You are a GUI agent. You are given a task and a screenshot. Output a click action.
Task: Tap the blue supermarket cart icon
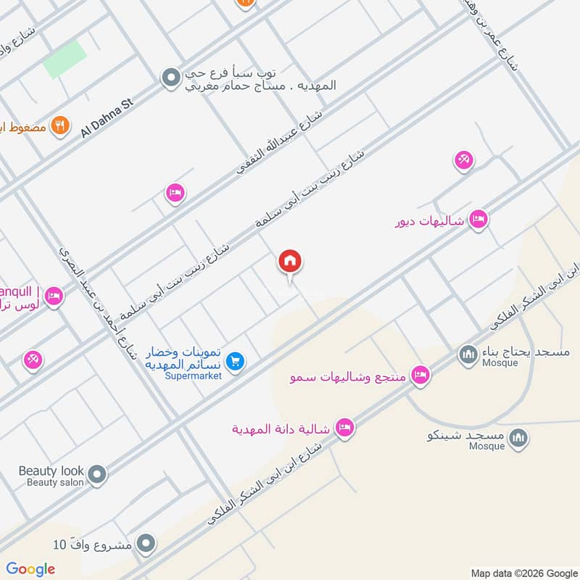234,360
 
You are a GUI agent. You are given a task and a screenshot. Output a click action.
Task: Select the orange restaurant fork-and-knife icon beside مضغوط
61,125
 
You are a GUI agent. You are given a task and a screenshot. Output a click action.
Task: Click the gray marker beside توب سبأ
170,77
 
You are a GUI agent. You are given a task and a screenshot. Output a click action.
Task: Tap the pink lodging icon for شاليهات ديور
478,219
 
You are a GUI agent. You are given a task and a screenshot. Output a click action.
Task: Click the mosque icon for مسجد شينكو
518,437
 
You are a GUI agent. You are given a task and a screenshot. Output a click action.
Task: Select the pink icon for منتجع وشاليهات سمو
418,375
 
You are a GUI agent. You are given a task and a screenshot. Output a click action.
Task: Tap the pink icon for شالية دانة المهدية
345,428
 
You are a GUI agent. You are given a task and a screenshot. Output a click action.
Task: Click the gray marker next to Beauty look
98,476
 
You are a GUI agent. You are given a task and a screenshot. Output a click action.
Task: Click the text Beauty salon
55,482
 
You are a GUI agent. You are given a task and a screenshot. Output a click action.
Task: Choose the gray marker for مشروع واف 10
146,543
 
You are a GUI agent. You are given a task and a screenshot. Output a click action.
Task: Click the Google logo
30,569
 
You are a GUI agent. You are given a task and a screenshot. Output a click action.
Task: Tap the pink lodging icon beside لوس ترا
53,296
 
